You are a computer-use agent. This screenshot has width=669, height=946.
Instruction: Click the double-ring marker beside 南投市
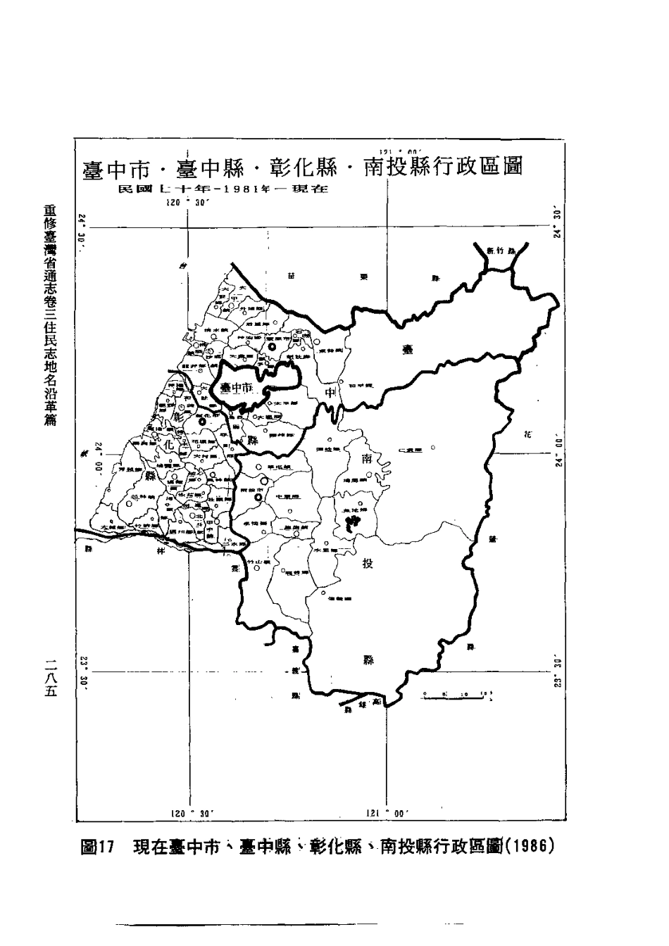(258, 498)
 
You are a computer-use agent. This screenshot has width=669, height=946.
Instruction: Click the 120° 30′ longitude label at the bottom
(192, 813)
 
